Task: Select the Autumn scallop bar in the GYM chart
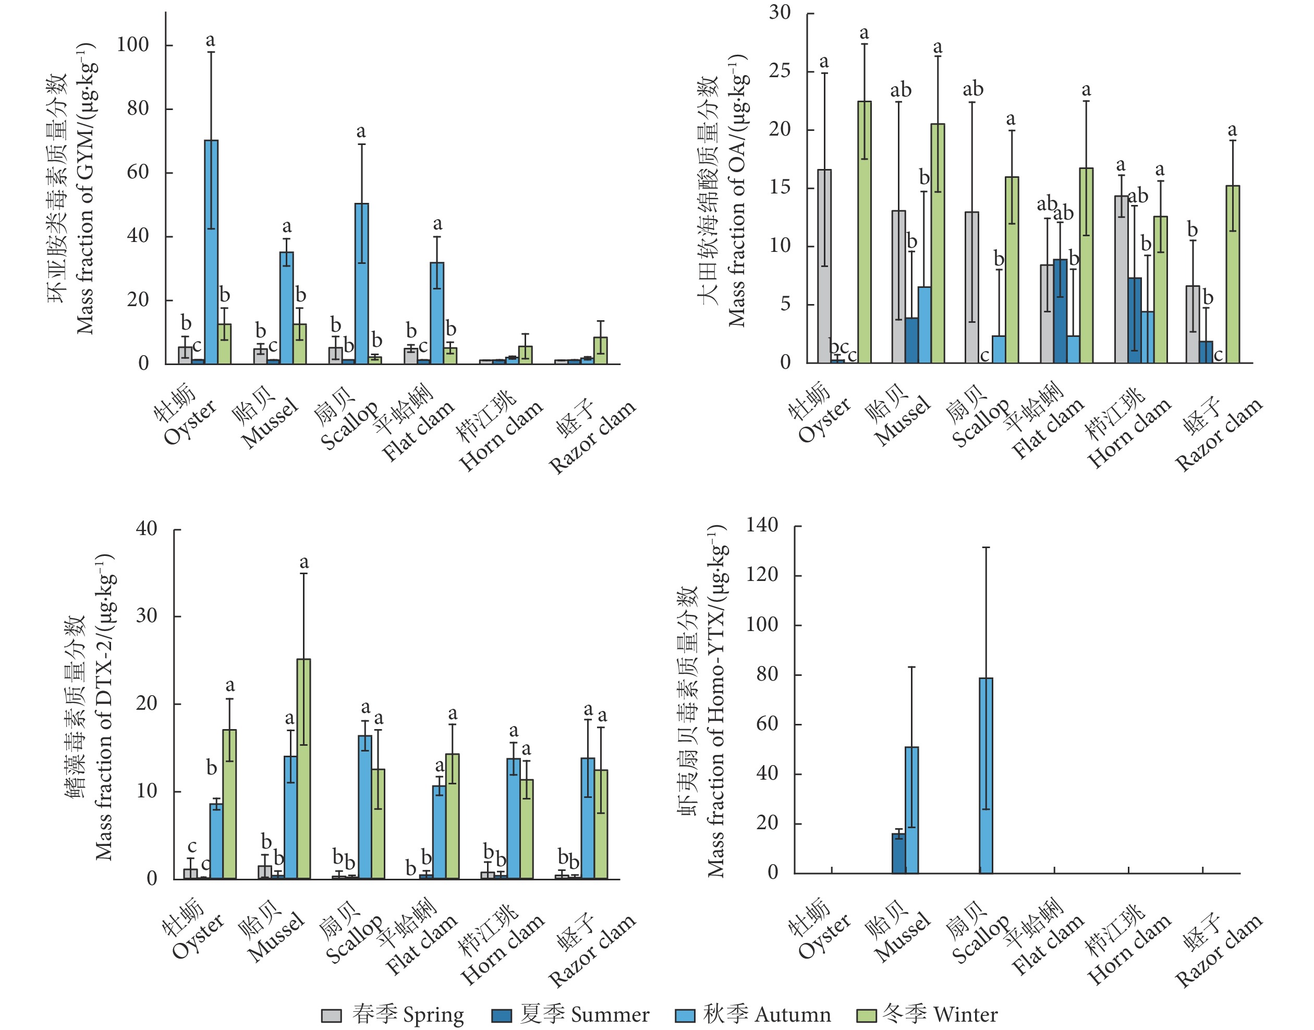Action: pos(361,283)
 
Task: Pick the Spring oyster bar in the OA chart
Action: pos(824,266)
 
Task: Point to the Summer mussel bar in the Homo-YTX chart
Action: pos(898,853)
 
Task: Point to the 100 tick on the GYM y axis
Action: pos(132,45)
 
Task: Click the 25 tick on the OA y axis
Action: pos(780,71)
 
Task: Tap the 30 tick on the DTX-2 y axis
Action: pos(147,616)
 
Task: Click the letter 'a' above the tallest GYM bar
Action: pos(210,40)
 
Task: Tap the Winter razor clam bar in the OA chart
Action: pos(1233,274)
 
